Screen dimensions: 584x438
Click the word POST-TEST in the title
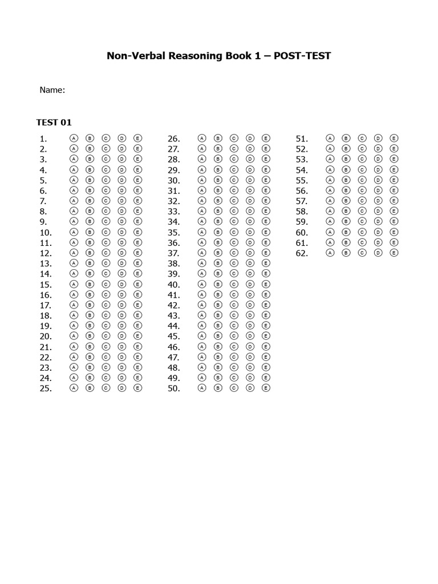[302, 56]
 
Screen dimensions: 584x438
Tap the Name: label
[52, 90]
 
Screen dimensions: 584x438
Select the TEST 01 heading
[54, 122]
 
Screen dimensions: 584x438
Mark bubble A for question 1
[73, 138]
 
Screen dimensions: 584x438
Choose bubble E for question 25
[137, 388]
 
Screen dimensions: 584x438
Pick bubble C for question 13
[106, 263]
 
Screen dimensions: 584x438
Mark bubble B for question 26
[217, 138]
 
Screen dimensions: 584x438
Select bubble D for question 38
[250, 263]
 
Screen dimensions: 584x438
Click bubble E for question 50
[266, 388]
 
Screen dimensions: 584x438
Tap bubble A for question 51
[329, 138]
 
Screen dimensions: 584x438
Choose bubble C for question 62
[362, 253]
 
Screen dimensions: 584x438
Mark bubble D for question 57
[378, 201]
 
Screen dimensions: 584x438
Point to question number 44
[173, 326]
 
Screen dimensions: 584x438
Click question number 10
[46, 232]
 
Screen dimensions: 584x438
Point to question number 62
[302, 253]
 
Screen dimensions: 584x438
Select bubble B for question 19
[89, 326]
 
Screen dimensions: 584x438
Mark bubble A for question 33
[201, 211]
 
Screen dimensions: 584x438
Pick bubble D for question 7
[121, 201]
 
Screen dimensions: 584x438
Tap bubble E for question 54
[394, 169]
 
